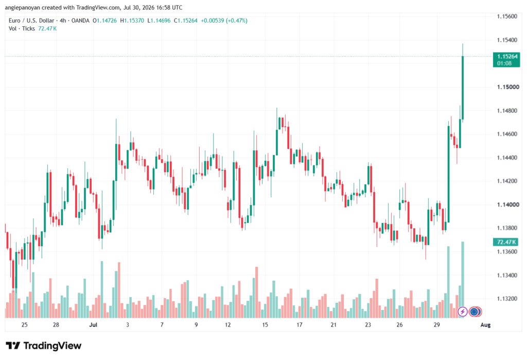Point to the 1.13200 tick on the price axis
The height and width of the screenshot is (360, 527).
coord(507,299)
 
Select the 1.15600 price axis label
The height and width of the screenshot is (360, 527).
coord(507,16)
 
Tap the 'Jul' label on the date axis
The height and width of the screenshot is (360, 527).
coord(93,324)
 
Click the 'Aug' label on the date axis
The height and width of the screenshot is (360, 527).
coord(486,324)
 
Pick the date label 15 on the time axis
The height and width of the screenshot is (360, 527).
coord(265,324)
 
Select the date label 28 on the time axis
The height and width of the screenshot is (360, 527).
coord(56,324)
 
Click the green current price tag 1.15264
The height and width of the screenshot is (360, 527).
coord(506,60)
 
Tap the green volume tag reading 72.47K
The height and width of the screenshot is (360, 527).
coord(505,242)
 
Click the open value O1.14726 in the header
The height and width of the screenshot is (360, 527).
coord(105,21)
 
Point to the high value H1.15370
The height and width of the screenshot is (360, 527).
coord(132,21)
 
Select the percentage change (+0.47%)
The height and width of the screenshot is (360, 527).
coord(236,21)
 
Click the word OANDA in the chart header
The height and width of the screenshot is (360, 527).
coord(80,21)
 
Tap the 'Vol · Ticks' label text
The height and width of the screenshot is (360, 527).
coord(22,29)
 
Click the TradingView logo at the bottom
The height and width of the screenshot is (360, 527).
coord(44,346)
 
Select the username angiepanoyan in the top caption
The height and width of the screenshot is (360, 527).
coord(22,7)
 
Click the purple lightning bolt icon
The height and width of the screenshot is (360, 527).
coord(463,312)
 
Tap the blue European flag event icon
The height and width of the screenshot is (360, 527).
coord(474,312)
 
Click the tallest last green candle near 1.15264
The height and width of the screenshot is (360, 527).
coord(463,88)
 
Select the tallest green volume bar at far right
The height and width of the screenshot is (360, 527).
coord(463,280)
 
